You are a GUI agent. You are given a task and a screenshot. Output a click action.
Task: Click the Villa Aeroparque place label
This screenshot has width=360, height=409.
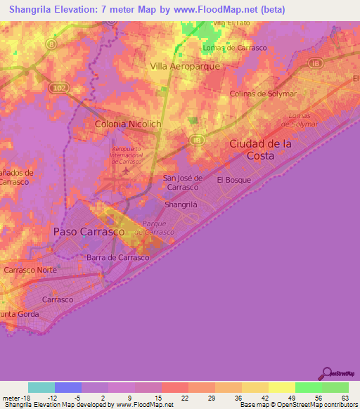click(186, 66)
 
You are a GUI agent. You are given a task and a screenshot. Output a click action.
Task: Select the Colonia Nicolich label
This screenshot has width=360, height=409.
click(128, 124)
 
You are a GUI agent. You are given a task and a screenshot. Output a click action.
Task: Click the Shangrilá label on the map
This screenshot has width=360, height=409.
click(180, 204)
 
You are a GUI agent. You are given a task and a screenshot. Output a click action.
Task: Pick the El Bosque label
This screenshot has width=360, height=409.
click(233, 180)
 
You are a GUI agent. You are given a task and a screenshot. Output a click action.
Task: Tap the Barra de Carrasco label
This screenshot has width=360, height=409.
click(117, 258)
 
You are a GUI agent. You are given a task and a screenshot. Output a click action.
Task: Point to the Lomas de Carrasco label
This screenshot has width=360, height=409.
click(229, 48)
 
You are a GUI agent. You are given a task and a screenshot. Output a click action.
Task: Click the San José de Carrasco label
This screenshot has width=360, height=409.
click(183, 183)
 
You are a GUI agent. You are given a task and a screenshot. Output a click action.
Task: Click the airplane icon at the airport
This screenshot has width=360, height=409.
click(126, 171)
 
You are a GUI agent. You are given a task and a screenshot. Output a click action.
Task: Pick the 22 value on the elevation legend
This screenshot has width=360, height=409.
click(184, 397)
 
